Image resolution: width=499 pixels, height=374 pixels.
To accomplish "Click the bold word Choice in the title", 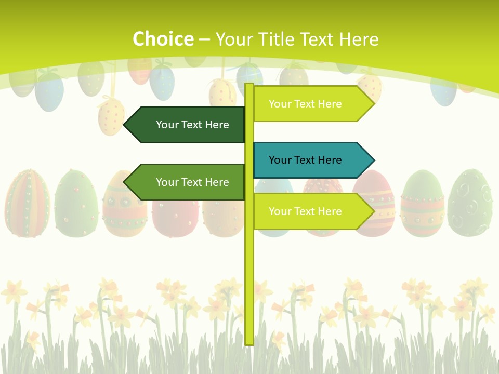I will [x=163, y=39].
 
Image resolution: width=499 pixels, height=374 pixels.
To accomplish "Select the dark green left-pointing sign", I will [x=187, y=125].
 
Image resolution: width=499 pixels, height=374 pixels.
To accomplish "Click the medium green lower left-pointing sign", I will [x=187, y=182].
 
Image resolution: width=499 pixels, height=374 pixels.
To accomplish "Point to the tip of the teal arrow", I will [x=373, y=160].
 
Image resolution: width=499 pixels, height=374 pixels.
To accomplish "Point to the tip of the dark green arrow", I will [x=125, y=125].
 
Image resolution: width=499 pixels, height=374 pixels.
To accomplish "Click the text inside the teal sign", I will [x=305, y=160].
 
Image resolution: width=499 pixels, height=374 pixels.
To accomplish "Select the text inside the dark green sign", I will [x=192, y=125].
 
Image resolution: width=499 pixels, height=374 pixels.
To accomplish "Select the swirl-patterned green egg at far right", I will [x=470, y=203].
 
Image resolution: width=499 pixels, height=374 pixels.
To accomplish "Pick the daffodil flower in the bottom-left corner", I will [x=14, y=292].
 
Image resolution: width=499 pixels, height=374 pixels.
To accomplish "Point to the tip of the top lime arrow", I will [x=373, y=104].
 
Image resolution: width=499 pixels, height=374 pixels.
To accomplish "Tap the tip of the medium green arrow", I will [x=125, y=182].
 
